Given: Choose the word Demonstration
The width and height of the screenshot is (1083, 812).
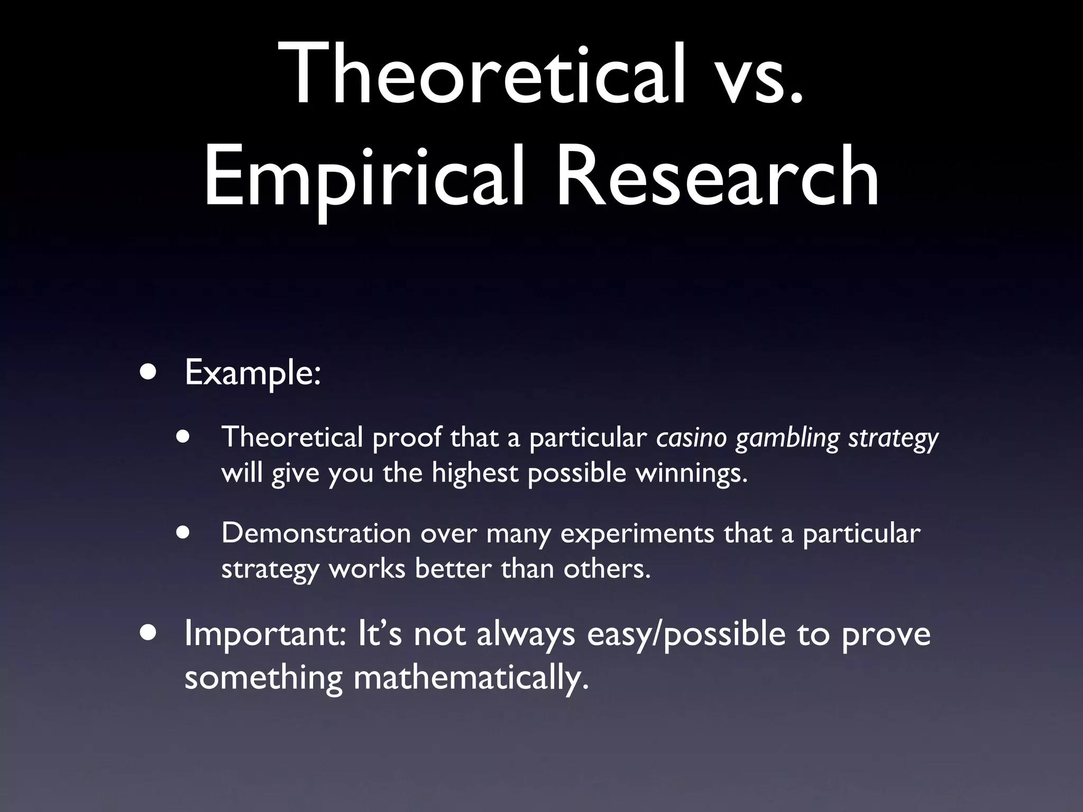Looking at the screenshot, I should [316, 533].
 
